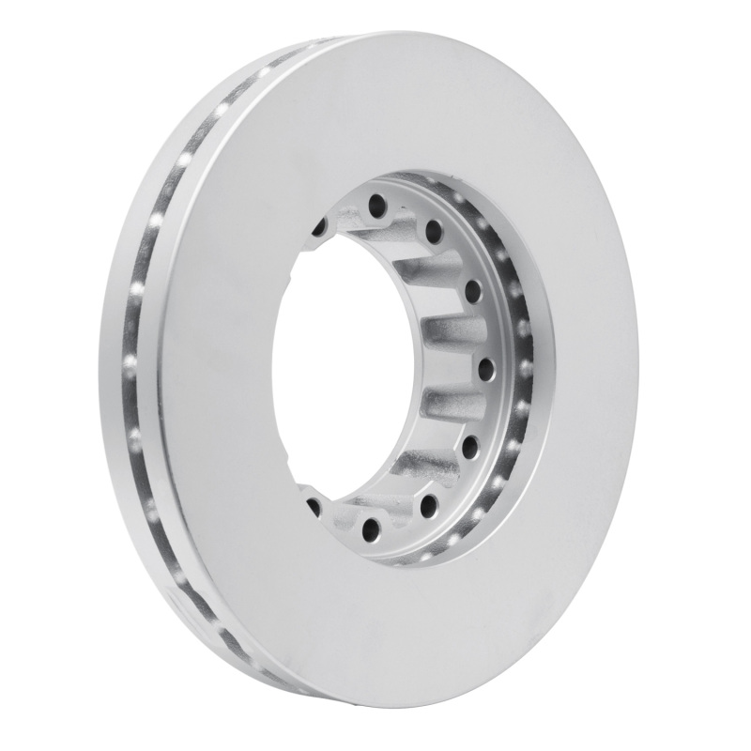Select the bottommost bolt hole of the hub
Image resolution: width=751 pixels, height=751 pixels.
[371, 529]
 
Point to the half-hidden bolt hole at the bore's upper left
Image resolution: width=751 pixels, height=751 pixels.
[319, 226]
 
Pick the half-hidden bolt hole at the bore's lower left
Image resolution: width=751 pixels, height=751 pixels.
[314, 508]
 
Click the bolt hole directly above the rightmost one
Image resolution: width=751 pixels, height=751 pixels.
[472, 286]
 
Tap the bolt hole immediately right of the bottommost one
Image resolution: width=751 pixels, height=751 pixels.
[429, 506]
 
